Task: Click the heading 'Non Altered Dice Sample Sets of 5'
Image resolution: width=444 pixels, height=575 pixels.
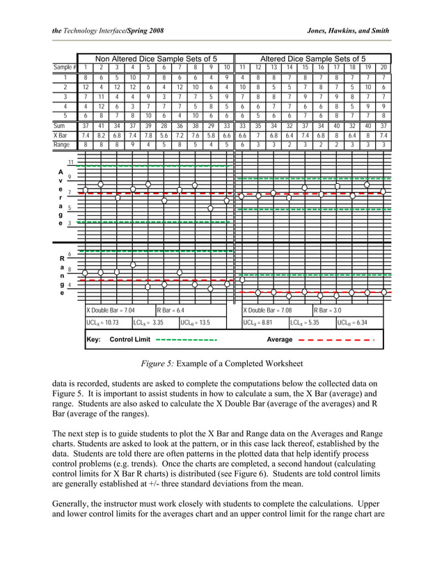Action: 155,58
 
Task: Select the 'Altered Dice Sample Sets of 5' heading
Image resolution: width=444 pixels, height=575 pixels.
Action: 312,58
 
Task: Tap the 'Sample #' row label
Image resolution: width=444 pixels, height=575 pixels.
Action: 65,68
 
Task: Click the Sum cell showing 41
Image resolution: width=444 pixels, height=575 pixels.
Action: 101,126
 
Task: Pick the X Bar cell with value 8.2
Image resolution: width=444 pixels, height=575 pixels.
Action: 101,136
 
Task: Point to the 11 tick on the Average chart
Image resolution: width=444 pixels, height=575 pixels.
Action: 71,163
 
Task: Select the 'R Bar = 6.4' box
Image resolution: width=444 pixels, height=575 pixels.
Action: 171,310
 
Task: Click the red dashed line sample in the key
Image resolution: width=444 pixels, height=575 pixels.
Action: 335,340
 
